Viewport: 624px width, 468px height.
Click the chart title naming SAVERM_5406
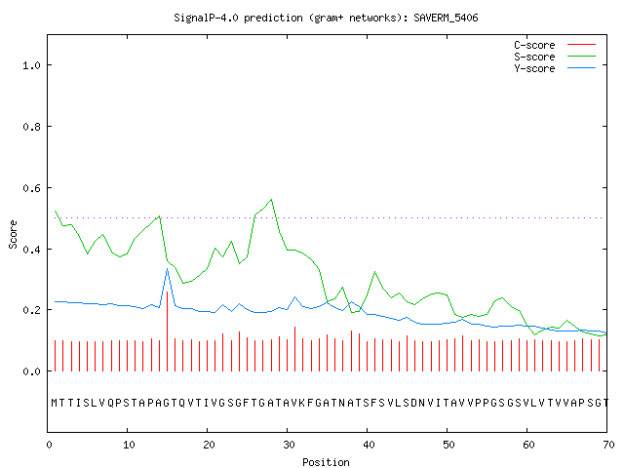(326, 18)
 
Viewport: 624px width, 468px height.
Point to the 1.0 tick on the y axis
(31, 65)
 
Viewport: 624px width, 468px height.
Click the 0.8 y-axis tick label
(31, 127)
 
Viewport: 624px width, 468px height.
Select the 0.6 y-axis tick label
(31, 188)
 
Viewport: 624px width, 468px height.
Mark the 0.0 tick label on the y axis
(31, 371)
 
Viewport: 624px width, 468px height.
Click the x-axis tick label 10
(129, 445)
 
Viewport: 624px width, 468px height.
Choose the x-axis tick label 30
(289, 445)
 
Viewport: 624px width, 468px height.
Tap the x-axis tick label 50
(448, 445)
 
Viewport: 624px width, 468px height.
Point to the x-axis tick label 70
(608, 445)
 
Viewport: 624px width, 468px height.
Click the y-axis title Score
(13, 234)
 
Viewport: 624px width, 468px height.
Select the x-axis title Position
(326, 462)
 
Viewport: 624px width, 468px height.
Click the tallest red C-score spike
(167, 331)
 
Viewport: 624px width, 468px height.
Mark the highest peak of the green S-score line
(271, 199)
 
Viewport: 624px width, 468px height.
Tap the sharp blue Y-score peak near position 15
(167, 269)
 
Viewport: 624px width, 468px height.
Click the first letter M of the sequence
(55, 403)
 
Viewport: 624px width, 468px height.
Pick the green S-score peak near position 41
(374, 272)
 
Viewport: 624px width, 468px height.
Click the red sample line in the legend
(581, 45)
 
